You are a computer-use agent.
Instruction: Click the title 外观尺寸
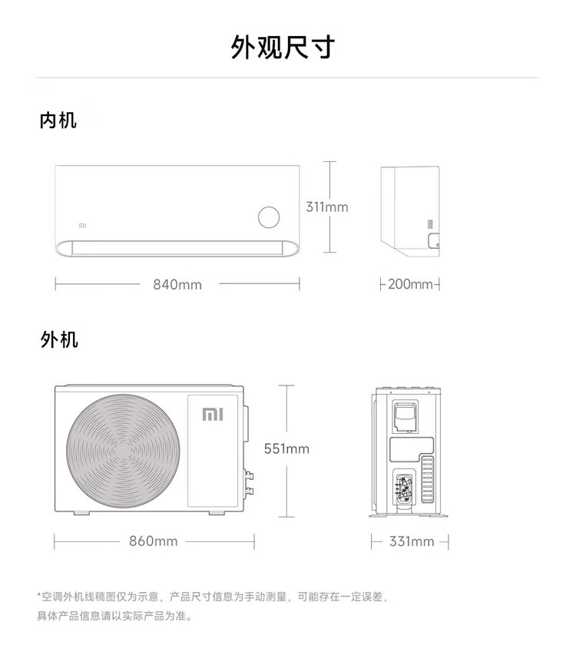coord(283,48)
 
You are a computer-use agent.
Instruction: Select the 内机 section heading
coord(58,121)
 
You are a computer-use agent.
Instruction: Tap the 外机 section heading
coord(59,340)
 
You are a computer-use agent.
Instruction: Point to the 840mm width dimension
coord(177,285)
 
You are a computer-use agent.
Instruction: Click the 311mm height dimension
coord(327,207)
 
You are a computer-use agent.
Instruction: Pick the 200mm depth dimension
coord(410,284)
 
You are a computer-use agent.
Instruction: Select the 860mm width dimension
coord(154,541)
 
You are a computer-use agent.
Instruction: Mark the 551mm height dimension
coord(286,448)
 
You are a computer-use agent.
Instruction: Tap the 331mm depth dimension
coord(412,541)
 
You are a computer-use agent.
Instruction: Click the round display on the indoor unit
coord(269,217)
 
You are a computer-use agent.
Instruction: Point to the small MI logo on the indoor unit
coord(83,226)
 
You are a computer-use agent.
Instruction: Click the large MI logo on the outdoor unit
coord(213,414)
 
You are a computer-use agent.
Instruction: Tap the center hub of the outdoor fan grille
coord(122,451)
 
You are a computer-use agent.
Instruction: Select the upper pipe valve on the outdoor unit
coord(249,475)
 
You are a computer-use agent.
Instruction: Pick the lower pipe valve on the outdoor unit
coord(249,491)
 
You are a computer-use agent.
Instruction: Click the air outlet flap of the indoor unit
coord(177,248)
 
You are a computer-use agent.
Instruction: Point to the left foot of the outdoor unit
coord(81,513)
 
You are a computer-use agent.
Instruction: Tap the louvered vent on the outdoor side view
coord(428,479)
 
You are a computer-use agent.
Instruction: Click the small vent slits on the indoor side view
coord(430,224)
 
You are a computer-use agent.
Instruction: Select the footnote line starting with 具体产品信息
coord(114,616)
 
